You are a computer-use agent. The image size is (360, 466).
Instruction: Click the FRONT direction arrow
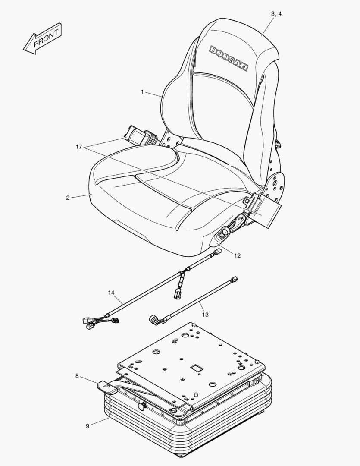click(43, 39)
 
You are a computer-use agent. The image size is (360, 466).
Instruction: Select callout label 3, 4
click(276, 14)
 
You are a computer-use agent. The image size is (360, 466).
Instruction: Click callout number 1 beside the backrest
click(142, 92)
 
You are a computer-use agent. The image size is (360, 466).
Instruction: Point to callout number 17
click(78, 147)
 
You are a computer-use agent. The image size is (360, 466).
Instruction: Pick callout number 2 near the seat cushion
click(68, 198)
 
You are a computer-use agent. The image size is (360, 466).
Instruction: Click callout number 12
click(238, 255)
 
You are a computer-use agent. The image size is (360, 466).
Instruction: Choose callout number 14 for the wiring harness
click(111, 293)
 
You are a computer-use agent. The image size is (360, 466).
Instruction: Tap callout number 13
click(205, 315)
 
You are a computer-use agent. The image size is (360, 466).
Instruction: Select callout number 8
click(77, 376)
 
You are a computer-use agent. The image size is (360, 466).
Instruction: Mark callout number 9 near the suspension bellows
click(87, 426)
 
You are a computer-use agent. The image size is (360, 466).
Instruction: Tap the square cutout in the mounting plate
click(197, 368)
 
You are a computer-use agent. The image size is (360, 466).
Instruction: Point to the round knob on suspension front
click(141, 406)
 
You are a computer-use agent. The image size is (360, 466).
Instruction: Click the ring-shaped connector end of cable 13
click(154, 319)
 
